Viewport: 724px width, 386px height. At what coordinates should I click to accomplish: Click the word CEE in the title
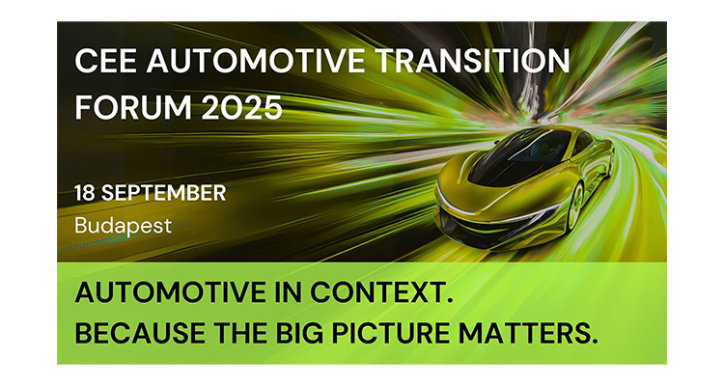pyautogui.click(x=105, y=61)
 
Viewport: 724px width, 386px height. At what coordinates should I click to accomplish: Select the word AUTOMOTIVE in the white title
pyautogui.click(x=256, y=61)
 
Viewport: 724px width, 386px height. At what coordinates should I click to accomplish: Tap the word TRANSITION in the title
pyautogui.click(x=473, y=61)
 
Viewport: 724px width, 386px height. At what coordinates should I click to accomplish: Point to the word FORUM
pyautogui.click(x=133, y=107)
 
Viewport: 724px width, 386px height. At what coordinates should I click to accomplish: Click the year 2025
pyautogui.click(x=241, y=107)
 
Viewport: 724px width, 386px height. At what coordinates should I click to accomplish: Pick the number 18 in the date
pyautogui.click(x=85, y=193)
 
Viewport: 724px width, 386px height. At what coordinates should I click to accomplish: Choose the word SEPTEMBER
pyautogui.click(x=164, y=193)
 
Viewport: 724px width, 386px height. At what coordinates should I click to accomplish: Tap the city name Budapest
pyautogui.click(x=123, y=226)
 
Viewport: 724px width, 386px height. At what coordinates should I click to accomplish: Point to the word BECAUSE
pyautogui.click(x=140, y=333)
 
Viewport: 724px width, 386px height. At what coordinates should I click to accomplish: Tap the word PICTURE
pyautogui.click(x=390, y=333)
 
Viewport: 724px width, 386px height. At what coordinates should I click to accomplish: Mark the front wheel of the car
pyautogui.click(x=576, y=207)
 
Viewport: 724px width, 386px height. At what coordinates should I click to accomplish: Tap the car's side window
pyautogui.click(x=583, y=141)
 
